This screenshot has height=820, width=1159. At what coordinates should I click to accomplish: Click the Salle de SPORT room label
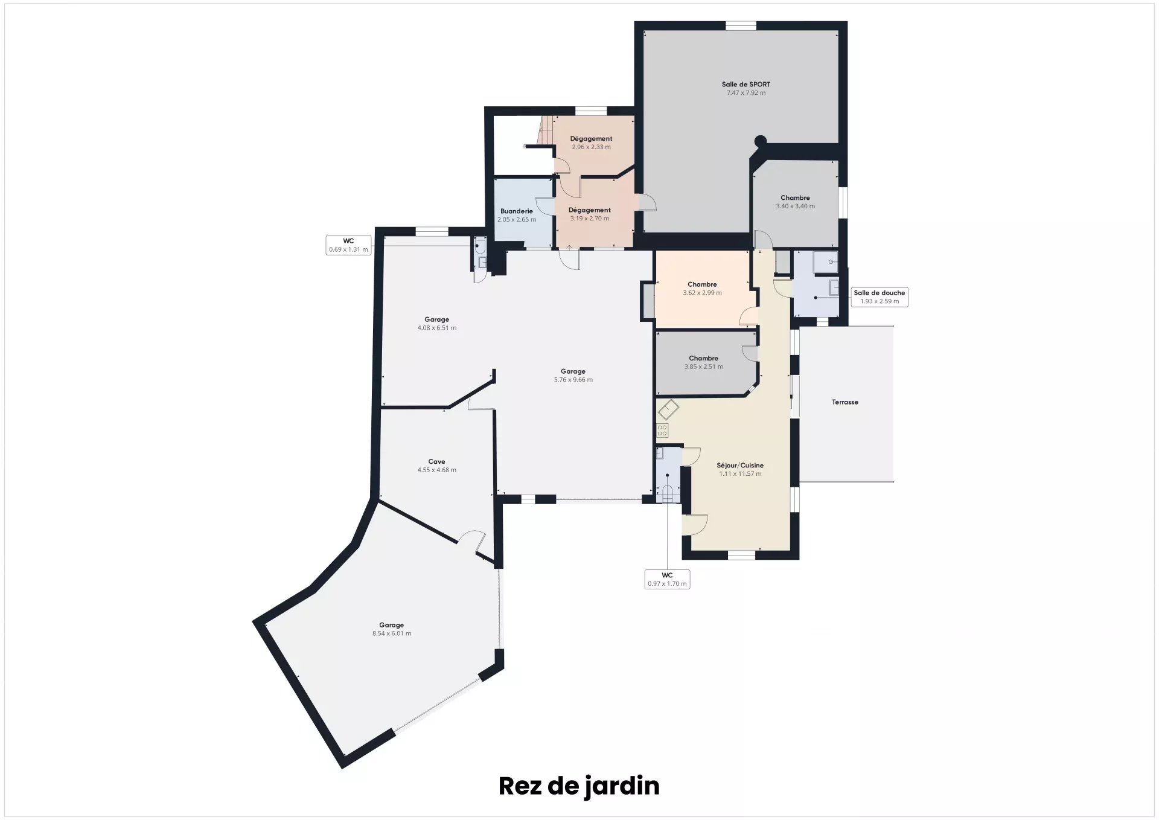coord(746,85)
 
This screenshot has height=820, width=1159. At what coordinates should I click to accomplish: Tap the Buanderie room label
coord(517,211)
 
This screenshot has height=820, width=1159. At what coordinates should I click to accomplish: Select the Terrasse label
coord(845,402)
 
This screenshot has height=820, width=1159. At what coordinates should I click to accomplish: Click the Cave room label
coord(436,462)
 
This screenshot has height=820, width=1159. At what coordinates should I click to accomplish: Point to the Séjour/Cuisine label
coord(740,466)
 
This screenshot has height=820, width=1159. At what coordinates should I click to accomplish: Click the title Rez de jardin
coord(579,786)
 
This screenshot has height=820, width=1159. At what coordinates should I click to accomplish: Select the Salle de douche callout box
coord(880,297)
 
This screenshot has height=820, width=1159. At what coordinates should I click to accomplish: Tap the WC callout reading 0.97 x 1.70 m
coord(667,580)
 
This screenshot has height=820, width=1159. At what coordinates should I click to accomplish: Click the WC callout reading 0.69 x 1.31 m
coord(348,245)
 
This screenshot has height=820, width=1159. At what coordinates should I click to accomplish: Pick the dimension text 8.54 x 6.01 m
coord(392,633)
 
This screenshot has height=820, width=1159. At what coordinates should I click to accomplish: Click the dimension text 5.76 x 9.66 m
coord(573,380)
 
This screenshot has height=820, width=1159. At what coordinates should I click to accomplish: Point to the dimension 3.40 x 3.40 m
coord(795,207)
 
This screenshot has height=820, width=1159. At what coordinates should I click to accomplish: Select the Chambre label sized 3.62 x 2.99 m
coord(702,284)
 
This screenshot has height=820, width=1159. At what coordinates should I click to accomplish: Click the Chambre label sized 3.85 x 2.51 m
coord(703,358)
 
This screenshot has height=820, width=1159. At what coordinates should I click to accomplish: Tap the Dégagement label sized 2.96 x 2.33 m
coord(591,139)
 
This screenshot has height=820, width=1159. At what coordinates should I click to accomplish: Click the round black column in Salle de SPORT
coord(761,141)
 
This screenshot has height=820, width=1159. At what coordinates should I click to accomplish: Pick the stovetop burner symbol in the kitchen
coord(662,431)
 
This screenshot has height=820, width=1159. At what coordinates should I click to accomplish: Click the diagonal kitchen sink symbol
coord(668,410)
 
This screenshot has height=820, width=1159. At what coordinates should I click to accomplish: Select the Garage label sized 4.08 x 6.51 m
coord(436,320)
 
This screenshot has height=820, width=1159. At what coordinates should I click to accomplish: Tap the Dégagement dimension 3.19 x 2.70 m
coord(590,219)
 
